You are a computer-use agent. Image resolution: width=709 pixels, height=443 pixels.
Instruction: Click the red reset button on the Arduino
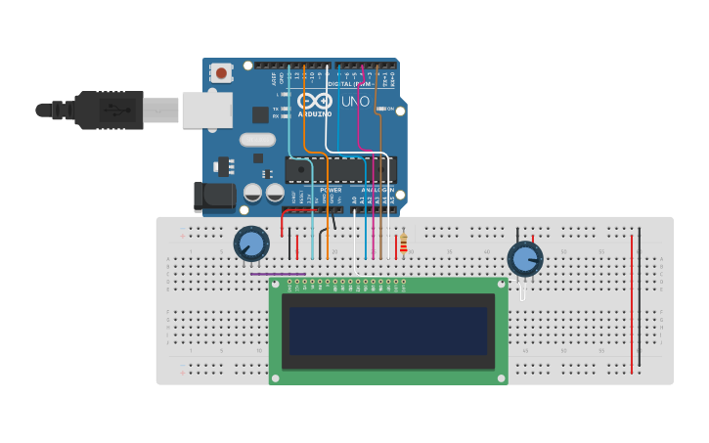tap(221, 73)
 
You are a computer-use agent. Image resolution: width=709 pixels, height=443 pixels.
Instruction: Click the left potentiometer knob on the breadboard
tap(251, 244)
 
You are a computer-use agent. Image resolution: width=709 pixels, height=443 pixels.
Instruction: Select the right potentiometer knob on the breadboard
tap(524, 259)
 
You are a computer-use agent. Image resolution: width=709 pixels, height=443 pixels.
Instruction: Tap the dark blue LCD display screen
tap(387, 331)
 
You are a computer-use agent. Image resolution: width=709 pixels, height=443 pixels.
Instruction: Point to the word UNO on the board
tap(355, 101)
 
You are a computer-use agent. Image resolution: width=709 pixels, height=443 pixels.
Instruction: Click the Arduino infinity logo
tap(315, 100)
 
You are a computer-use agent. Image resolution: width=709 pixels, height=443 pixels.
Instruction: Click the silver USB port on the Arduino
tap(206, 111)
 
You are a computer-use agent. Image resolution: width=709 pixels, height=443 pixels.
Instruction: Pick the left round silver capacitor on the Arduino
tap(252, 193)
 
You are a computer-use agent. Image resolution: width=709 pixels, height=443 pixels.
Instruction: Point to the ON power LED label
tap(389, 109)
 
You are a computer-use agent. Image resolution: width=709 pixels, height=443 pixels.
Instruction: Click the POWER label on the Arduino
tap(331, 190)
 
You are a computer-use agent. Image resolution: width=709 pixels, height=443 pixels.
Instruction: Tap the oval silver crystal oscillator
tap(257, 140)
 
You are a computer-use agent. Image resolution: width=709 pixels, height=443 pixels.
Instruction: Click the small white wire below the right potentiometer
tap(522, 290)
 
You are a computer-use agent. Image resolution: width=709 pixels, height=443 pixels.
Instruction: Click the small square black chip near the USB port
tap(260, 114)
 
